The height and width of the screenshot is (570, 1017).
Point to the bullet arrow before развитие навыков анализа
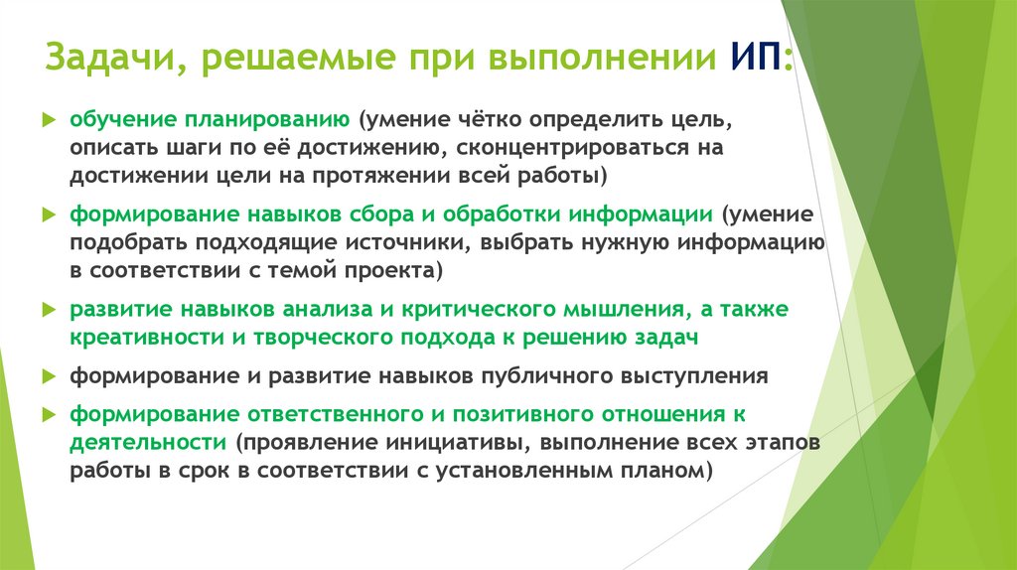click(49, 311)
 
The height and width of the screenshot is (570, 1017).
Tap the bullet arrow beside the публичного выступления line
click(49, 377)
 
